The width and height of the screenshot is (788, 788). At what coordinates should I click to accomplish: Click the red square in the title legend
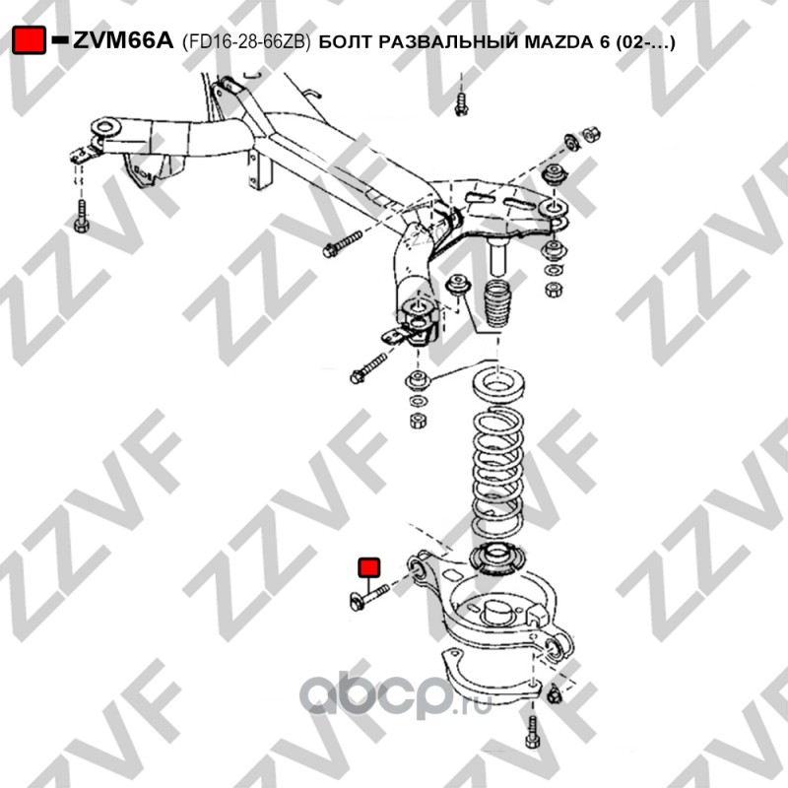pyautogui.click(x=29, y=40)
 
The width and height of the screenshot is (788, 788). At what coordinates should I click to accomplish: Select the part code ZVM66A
pyautogui.click(x=123, y=40)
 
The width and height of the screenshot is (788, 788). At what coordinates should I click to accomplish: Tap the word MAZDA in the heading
pyautogui.click(x=558, y=41)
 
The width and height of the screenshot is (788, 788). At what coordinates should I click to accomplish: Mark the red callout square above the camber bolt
pyautogui.click(x=369, y=567)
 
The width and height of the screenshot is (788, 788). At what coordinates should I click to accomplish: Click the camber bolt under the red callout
pyautogui.click(x=368, y=597)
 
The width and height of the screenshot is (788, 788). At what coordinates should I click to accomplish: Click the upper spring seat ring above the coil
pyautogui.click(x=498, y=385)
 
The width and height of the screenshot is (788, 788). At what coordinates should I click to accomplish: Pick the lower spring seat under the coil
pyautogui.click(x=497, y=558)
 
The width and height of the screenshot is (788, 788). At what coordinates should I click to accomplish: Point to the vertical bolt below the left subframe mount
pyautogui.click(x=82, y=216)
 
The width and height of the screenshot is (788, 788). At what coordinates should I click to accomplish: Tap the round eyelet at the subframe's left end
pyautogui.click(x=105, y=127)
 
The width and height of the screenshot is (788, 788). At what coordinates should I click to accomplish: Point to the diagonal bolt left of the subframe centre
pyautogui.click(x=343, y=243)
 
